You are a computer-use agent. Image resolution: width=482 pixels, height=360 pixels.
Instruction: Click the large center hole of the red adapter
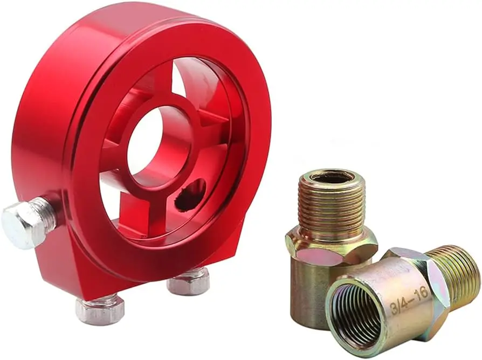[159, 151]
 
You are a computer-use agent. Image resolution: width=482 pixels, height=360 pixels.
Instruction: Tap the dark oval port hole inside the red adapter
[191, 196]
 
